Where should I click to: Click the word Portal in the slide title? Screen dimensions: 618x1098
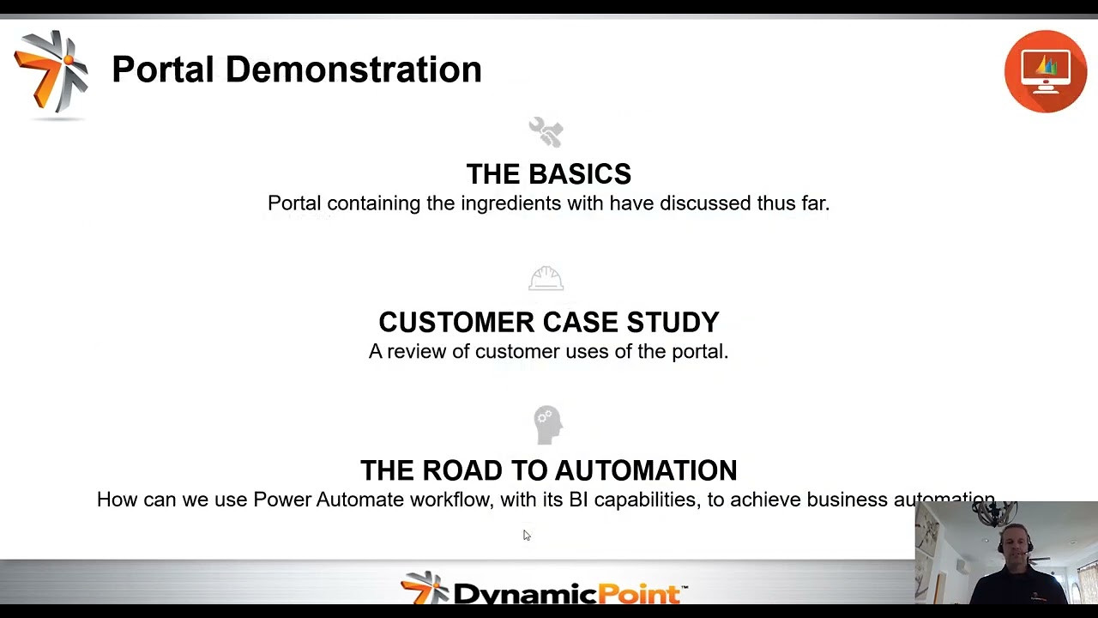[x=163, y=70]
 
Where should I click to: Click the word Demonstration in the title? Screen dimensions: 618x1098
[x=353, y=70]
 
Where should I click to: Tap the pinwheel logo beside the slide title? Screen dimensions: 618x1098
[x=51, y=71]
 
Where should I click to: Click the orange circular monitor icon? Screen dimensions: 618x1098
[x=1046, y=71]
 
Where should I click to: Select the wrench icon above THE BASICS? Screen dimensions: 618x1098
[x=546, y=132]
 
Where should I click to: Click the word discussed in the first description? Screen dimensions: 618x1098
[x=705, y=203]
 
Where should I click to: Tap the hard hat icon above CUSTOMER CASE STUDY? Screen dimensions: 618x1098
[x=546, y=279]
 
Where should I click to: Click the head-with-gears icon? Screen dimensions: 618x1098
[x=546, y=424]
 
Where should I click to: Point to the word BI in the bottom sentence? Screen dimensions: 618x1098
[x=578, y=500]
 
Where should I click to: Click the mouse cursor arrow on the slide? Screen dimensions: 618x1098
[x=526, y=535]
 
